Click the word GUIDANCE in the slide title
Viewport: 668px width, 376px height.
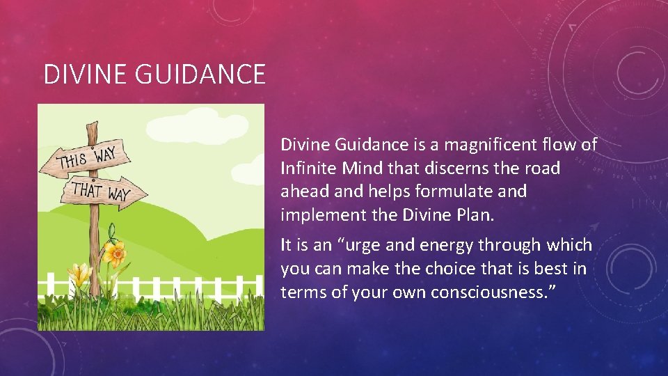coord(202,75)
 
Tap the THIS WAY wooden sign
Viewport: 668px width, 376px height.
coord(88,157)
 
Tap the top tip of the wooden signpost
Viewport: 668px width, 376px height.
coord(91,126)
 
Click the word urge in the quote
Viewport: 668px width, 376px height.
coord(368,246)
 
